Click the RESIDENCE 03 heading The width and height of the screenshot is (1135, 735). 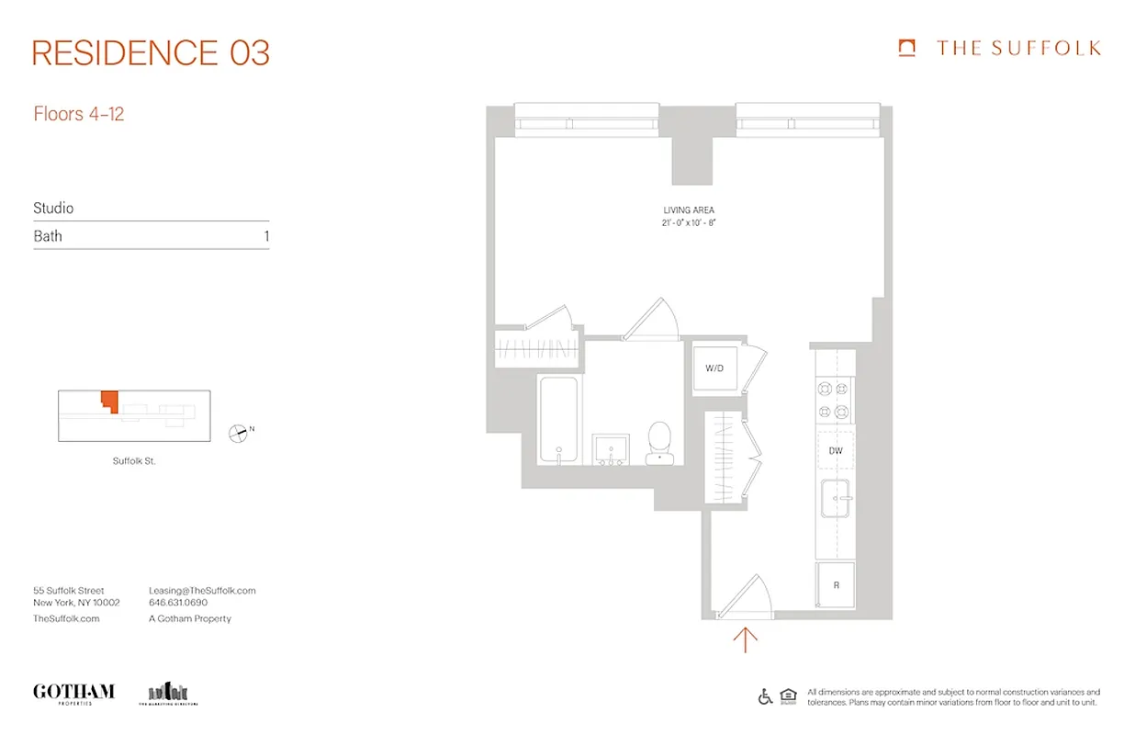click(151, 53)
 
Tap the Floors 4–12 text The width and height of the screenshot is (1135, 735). click(79, 114)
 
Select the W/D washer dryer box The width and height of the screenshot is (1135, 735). click(714, 368)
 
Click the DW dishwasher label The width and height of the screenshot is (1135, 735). click(835, 450)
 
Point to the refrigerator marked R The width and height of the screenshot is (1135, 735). click(836, 584)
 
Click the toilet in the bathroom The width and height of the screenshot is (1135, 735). click(659, 443)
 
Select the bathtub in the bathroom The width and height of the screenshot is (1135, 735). click(557, 419)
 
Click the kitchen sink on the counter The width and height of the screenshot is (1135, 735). click(835, 499)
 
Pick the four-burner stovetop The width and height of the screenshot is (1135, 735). click(834, 401)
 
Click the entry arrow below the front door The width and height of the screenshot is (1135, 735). click(745, 639)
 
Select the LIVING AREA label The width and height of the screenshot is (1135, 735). click(689, 210)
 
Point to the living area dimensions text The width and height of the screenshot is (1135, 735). click(689, 223)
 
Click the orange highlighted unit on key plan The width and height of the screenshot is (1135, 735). click(109, 401)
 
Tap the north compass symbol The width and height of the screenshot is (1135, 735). click(239, 433)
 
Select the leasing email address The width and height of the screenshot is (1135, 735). click(202, 591)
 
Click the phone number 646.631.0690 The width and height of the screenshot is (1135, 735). click(178, 604)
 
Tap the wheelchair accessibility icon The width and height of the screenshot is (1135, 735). click(765, 696)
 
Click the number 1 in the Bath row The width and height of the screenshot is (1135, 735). click(265, 236)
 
